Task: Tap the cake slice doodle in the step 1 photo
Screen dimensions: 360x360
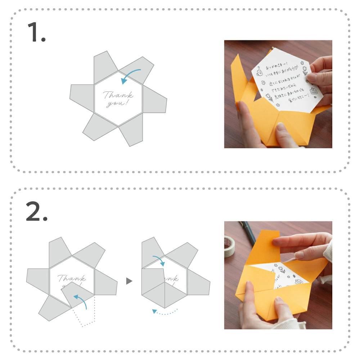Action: click(x=314, y=92)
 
